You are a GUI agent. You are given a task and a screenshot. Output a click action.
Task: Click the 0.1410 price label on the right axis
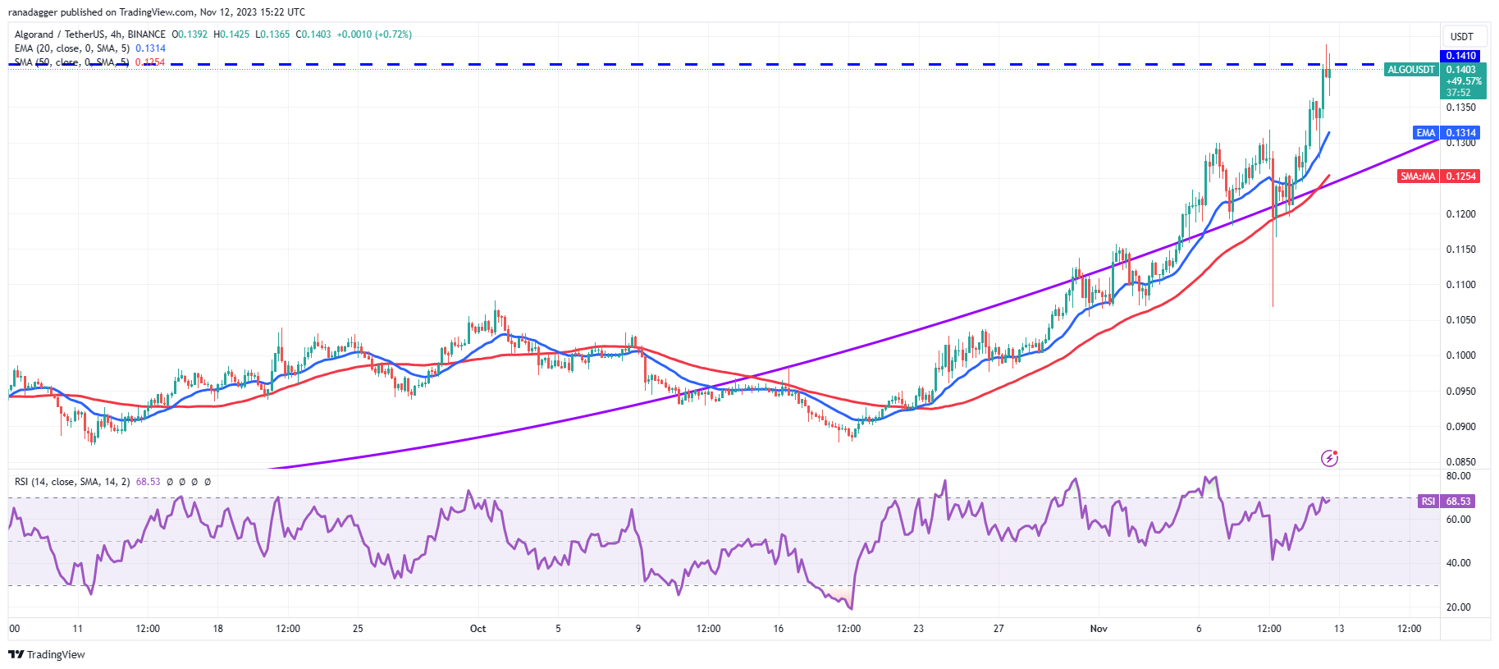pos(1460,56)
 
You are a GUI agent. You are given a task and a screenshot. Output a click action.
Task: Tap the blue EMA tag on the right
pos(1425,133)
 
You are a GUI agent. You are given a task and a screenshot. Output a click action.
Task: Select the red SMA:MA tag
pos(1418,176)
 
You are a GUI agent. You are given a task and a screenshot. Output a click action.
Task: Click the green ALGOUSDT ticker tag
pos(1410,70)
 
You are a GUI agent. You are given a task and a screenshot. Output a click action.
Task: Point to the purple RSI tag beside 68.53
pos(1428,501)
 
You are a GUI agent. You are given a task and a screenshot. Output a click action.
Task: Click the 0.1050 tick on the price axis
pos(1460,320)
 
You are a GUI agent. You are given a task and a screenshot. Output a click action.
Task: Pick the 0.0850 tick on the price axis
pos(1460,462)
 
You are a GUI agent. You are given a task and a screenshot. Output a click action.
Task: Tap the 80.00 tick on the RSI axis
pos(1458,476)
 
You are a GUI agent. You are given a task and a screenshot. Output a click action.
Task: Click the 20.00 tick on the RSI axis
pos(1458,607)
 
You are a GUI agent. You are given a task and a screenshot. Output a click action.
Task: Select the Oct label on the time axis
pos(478,629)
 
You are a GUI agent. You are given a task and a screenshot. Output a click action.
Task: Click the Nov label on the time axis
pos(1099,629)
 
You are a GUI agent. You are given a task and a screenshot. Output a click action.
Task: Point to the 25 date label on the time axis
pos(358,629)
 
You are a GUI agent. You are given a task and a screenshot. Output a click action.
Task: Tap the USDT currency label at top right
pos(1461,37)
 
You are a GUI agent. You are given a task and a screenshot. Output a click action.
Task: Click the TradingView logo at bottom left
pos(47,654)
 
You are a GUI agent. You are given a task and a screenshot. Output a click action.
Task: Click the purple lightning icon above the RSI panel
pos(1329,458)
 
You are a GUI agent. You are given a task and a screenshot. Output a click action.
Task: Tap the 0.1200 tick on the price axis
pos(1460,214)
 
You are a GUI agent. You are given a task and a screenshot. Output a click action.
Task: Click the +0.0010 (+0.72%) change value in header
pos(374,34)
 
